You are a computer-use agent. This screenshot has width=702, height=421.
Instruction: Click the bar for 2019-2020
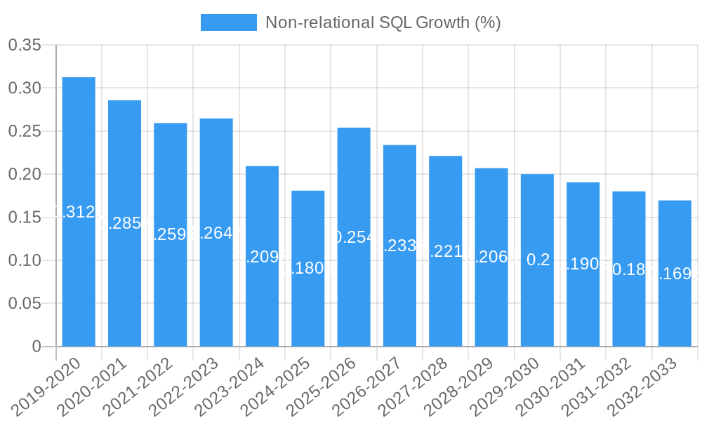pos(79,211)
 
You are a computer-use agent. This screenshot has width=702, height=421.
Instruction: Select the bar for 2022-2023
pos(216,232)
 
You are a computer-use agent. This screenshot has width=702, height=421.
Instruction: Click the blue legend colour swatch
pos(229,22)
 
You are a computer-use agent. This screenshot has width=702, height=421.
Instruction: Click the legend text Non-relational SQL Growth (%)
pos(383,22)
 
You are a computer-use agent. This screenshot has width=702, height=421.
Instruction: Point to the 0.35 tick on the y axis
pos(25,46)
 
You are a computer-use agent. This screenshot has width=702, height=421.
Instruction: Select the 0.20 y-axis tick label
pos(25,174)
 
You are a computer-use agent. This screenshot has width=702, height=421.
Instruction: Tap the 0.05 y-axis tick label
pos(25,304)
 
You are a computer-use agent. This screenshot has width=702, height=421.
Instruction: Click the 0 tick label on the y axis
pos(37,347)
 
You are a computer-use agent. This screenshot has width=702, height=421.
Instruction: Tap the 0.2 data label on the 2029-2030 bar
pos(538,260)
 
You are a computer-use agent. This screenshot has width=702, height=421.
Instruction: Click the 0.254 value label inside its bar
pos(354,237)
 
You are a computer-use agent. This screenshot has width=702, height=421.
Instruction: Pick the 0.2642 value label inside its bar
pos(216,233)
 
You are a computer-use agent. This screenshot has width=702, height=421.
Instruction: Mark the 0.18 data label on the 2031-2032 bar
pos(629,269)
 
